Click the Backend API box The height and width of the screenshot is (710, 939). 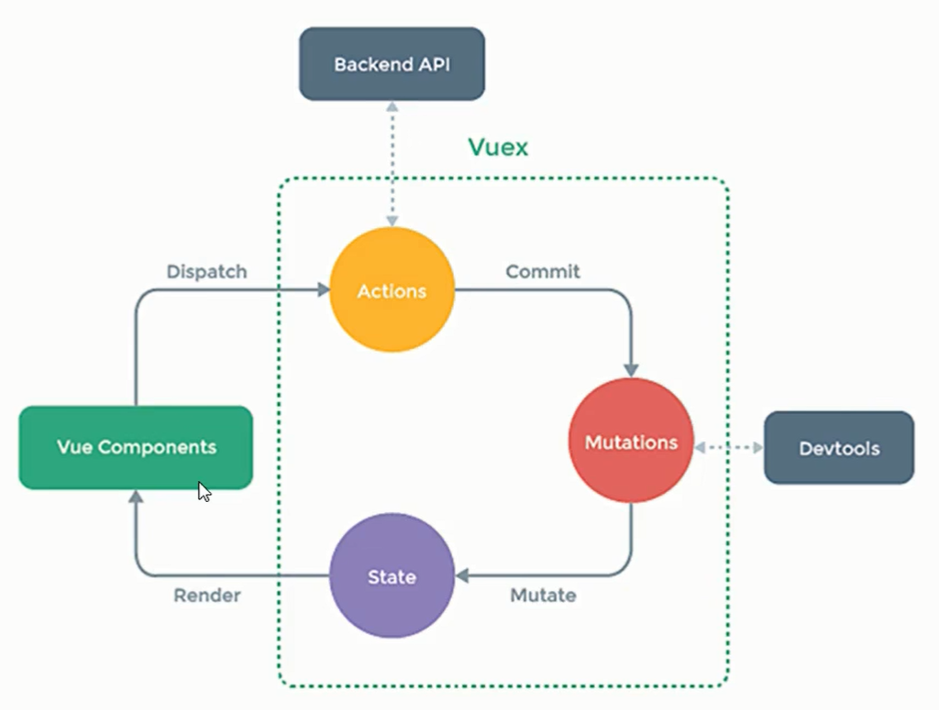click(392, 64)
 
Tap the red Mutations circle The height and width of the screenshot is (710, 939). click(631, 442)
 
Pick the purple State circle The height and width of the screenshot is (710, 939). click(392, 577)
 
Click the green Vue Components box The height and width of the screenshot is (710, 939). click(136, 447)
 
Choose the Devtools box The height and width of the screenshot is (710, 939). click(838, 448)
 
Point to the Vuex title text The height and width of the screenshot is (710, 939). click(498, 147)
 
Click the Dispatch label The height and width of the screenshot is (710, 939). click(206, 272)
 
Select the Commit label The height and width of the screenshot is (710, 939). click(543, 272)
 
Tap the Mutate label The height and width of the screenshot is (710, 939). click(543, 595)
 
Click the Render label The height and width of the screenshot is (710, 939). click(207, 595)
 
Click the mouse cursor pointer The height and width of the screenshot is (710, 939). click(204, 491)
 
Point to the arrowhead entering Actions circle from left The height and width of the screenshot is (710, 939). click(323, 290)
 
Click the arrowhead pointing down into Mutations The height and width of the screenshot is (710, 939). click(631, 368)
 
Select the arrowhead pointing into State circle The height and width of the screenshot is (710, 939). click(462, 576)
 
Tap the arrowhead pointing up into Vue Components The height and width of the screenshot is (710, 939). click(136, 497)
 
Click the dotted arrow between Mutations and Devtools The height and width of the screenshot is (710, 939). click(728, 447)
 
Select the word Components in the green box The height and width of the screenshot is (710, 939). click(157, 447)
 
